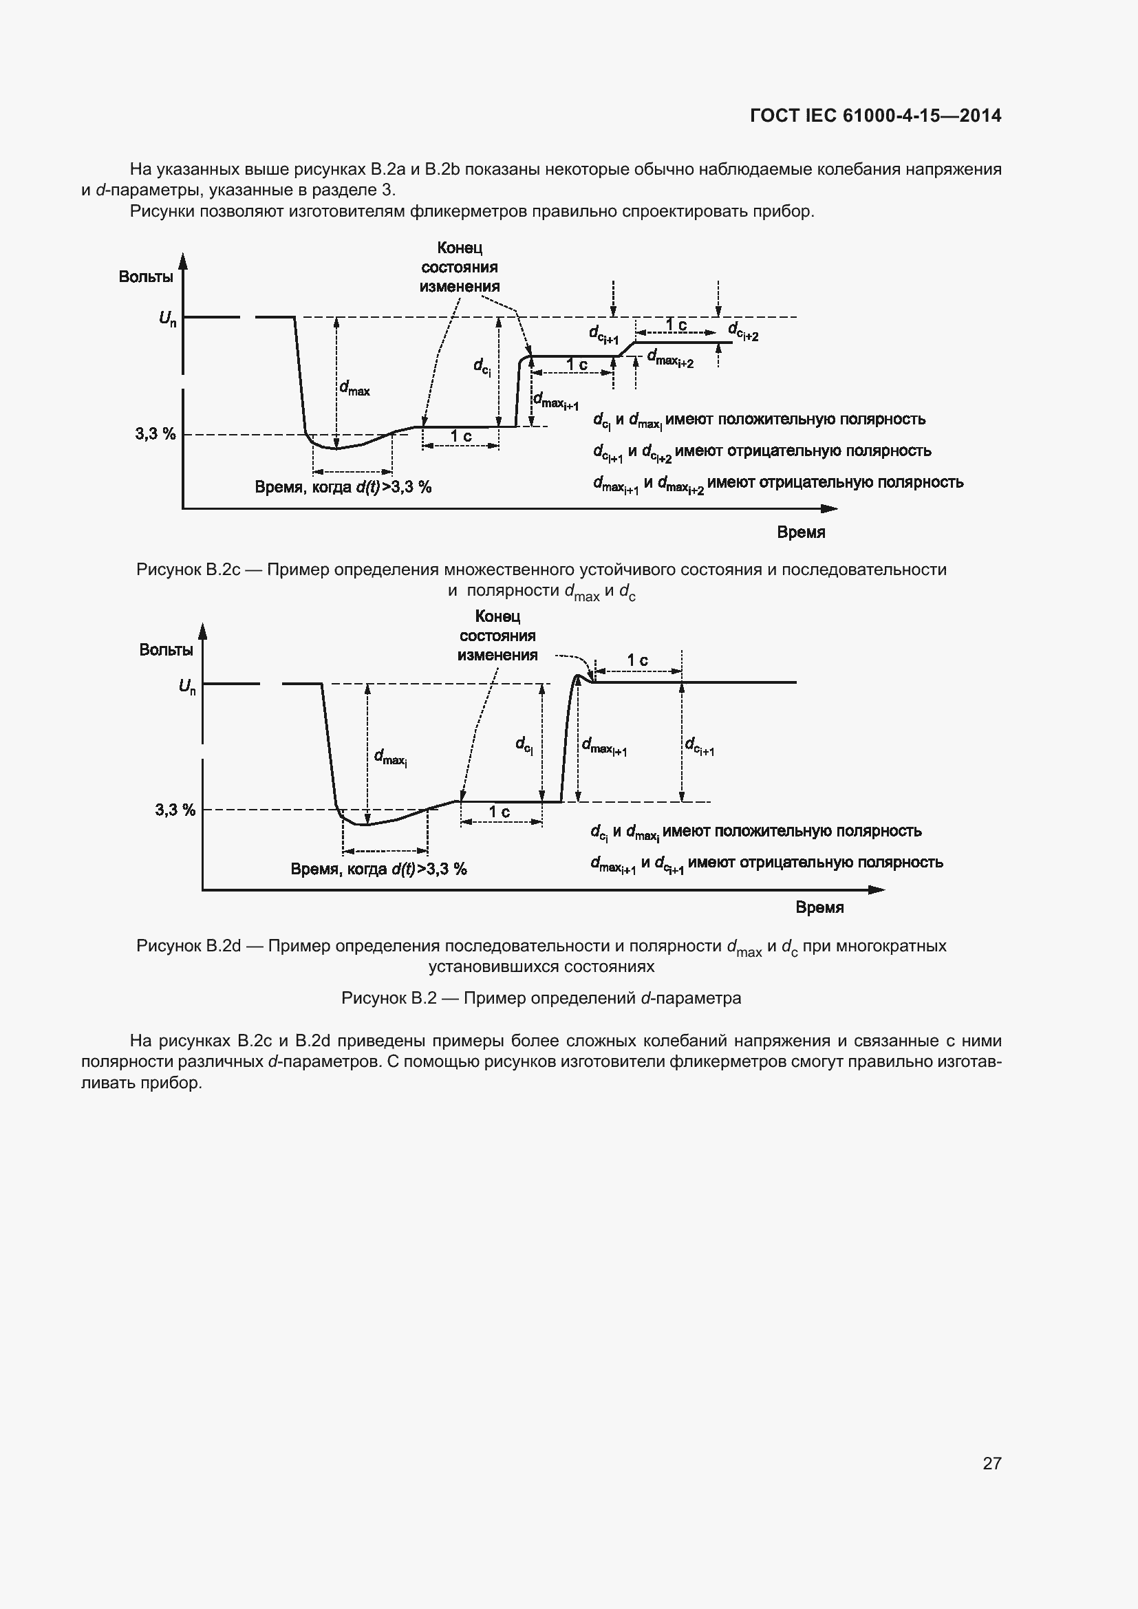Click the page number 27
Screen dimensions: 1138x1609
pos(991,1463)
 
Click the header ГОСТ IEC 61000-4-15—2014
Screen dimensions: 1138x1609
pos(875,116)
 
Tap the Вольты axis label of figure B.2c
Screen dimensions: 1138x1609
pos(146,277)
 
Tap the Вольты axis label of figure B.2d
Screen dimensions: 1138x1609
pos(166,649)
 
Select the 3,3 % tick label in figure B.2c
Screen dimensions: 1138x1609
pos(155,434)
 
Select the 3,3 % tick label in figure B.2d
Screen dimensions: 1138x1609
pos(175,810)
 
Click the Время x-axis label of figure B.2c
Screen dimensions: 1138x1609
pos(801,532)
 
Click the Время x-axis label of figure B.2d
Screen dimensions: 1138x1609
pos(819,907)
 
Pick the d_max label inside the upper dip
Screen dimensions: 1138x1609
pos(354,388)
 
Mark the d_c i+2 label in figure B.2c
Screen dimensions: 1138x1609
pos(744,331)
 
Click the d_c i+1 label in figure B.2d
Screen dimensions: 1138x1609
pos(699,746)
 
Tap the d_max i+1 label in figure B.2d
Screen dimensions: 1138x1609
pos(604,746)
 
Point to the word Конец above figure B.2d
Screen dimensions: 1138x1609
pos(497,616)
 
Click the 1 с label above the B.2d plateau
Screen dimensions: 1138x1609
pos(637,660)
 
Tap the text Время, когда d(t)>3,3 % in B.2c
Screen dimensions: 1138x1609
pos(343,487)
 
